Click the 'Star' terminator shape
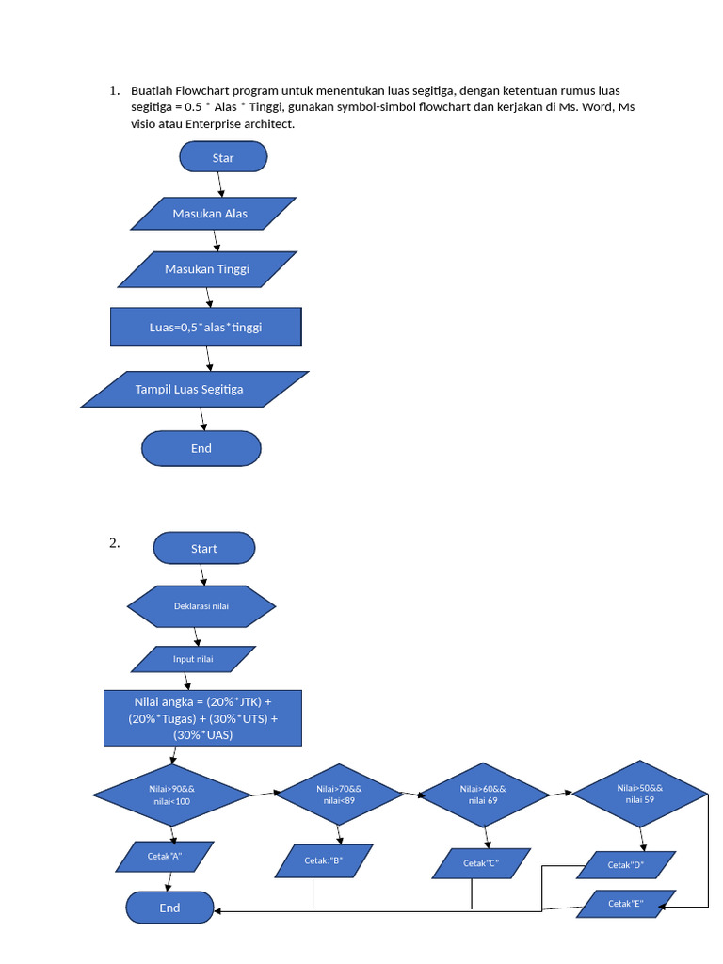point(223,157)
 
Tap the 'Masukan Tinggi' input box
point(207,269)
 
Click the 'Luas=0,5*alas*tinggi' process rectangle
point(205,327)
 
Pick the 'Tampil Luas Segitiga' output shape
point(194,389)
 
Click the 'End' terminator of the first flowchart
point(201,448)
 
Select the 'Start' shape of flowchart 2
point(203,548)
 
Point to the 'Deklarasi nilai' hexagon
point(201,606)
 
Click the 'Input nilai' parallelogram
point(193,659)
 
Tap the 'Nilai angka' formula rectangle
point(202,717)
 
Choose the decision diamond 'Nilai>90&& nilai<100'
point(171,795)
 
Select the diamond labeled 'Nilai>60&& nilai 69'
point(483,794)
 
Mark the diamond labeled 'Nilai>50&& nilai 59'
point(640,794)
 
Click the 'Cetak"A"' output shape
point(165,856)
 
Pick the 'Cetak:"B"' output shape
point(323,860)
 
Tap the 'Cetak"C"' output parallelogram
point(481,863)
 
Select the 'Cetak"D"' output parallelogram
point(625,864)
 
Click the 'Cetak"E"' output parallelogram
point(625,904)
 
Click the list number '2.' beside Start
point(114,542)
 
